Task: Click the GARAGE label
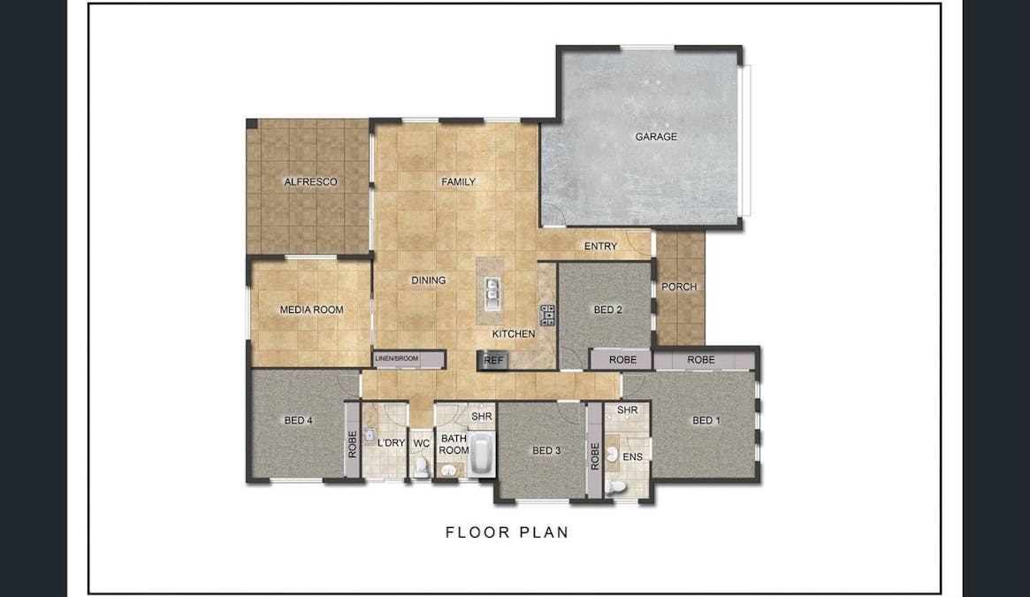[x=656, y=137]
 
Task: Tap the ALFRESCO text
[x=310, y=182]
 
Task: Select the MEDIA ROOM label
[x=311, y=310]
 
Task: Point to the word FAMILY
[x=459, y=182]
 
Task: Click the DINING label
[x=428, y=280]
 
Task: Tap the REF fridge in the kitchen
[x=492, y=360]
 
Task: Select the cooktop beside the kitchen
[x=547, y=314]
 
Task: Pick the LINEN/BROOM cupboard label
[x=397, y=358]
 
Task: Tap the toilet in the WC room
[x=422, y=466]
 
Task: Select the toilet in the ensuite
[x=617, y=486]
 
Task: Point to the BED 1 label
[x=706, y=421]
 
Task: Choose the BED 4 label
[x=298, y=421]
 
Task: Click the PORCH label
[x=679, y=287]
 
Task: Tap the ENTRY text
[x=600, y=247]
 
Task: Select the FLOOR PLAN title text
[x=507, y=532]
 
